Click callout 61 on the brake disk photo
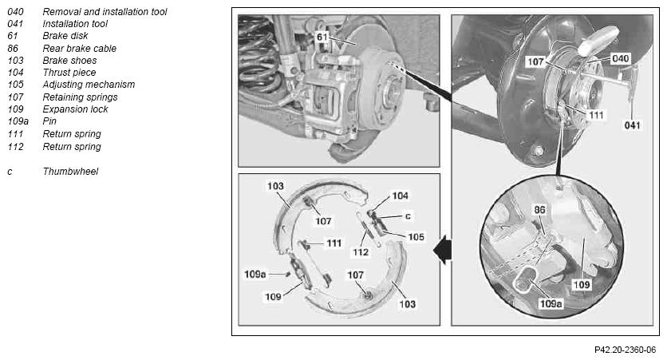(x=322, y=37)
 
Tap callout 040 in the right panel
(x=620, y=58)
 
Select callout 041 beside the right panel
(x=632, y=125)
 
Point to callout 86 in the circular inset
(x=540, y=209)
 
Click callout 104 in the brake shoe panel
(x=400, y=196)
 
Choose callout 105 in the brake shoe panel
(x=416, y=236)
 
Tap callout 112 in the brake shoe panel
(x=361, y=252)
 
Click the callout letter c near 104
(x=408, y=216)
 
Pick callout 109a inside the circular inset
(x=551, y=303)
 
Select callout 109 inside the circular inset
(x=582, y=284)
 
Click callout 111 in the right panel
(x=596, y=115)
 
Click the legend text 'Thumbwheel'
(x=70, y=172)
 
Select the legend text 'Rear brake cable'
(x=79, y=49)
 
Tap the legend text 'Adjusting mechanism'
(x=89, y=85)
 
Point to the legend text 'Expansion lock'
(x=75, y=109)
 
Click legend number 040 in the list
(x=15, y=12)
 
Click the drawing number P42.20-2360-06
(x=625, y=350)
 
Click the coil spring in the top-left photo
(x=258, y=54)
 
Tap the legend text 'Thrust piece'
(x=69, y=73)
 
